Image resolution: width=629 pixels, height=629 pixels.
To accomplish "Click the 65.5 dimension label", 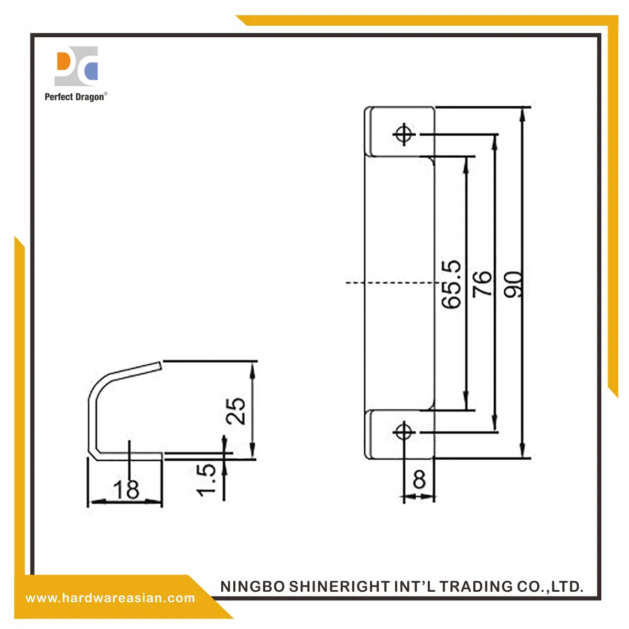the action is click(451, 284).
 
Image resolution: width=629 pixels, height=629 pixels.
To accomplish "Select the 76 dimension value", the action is click(482, 284).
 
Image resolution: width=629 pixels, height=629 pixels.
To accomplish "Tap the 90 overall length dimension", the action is click(513, 284).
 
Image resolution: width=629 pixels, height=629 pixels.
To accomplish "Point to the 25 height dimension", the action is click(235, 411).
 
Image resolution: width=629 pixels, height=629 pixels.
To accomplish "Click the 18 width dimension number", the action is click(126, 489).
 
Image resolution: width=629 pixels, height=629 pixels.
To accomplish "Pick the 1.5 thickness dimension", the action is click(206, 480).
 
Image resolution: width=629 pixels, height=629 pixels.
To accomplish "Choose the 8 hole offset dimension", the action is click(419, 479).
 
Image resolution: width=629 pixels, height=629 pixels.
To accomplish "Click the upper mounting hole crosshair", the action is click(404, 134).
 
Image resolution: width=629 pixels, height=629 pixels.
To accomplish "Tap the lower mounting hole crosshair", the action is click(404, 432).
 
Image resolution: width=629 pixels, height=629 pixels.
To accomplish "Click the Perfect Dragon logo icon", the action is click(76, 66).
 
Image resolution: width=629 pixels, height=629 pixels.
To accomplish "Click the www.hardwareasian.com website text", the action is click(110, 598).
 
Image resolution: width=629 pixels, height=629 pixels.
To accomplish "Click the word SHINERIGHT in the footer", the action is click(340, 587).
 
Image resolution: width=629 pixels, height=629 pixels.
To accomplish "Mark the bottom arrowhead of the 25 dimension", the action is click(252, 451).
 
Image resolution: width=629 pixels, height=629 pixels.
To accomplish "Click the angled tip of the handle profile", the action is click(160, 366).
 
